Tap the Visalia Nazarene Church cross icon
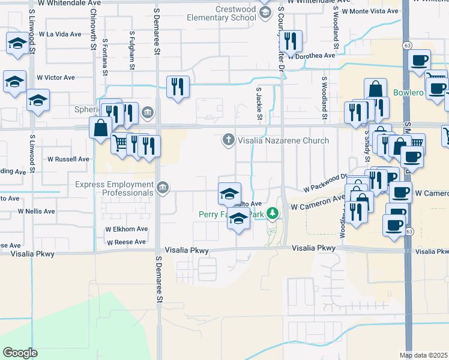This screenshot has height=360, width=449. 228,140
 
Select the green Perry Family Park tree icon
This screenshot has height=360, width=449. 273,214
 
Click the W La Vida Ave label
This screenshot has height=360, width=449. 59,34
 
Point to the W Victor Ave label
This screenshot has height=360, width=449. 56,77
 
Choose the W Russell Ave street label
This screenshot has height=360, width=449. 68,160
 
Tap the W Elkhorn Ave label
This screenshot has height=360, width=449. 126,229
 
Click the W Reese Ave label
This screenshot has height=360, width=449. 126,242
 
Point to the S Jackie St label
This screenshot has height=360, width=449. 259,103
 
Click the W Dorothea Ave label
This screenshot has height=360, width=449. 311,56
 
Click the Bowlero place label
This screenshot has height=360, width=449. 409,93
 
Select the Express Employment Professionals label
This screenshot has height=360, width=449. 114,189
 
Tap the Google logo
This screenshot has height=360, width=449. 20,353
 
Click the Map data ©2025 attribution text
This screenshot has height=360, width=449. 423,355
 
